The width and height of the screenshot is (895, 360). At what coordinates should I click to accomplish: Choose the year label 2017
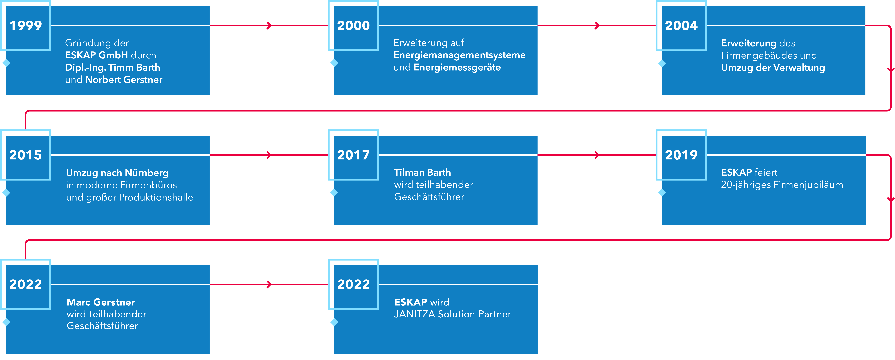pyautogui.click(x=353, y=155)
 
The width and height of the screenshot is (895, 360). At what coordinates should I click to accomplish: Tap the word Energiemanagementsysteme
pyautogui.click(x=459, y=55)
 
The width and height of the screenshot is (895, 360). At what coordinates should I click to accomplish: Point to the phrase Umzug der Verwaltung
pyautogui.click(x=773, y=68)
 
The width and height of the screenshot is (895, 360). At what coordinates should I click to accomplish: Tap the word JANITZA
pyautogui.click(x=414, y=314)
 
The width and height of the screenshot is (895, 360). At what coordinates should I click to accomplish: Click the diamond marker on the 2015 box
pyautogui.click(x=6, y=192)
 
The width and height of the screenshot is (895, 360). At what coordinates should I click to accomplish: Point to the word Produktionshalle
pyautogui.click(x=156, y=197)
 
